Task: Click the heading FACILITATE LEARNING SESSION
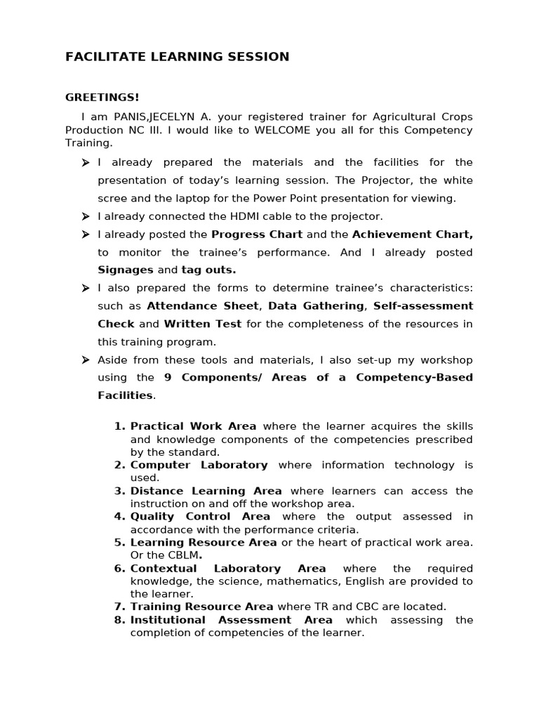[x=177, y=57]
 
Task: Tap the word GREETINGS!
[x=102, y=97]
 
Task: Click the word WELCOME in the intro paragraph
[x=282, y=131]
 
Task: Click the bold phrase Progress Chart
[x=257, y=234]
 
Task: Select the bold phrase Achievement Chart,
[x=412, y=234]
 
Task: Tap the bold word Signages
[x=126, y=270]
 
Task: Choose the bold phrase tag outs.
[x=208, y=270]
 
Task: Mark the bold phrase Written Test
[x=203, y=324]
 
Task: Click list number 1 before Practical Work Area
[x=119, y=426]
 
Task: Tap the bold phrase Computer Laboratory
[x=199, y=465]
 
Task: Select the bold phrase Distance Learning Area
[x=206, y=491]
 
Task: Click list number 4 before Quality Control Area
[x=119, y=517]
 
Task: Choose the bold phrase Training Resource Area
[x=201, y=607]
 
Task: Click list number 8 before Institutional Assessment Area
[x=119, y=620]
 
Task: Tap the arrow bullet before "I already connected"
[x=85, y=216]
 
